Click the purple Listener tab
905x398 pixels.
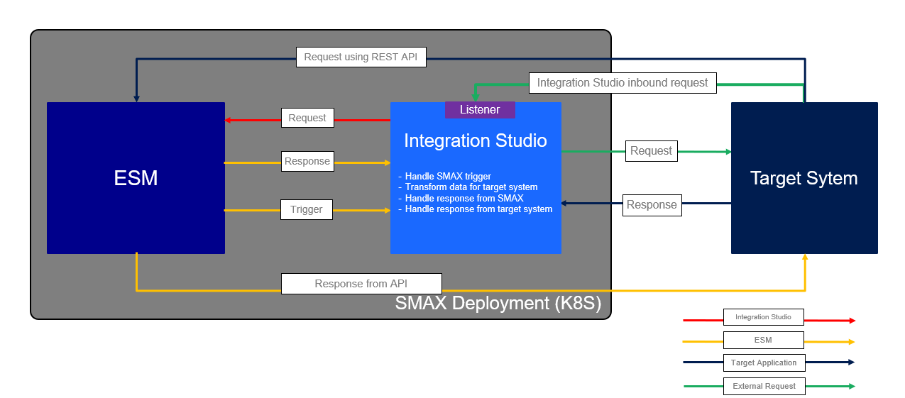click(480, 110)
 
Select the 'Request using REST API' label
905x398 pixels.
click(361, 57)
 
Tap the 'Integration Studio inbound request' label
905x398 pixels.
click(622, 83)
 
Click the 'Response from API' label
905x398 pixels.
click(361, 284)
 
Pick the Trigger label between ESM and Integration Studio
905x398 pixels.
click(307, 210)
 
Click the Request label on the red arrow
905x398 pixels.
click(307, 118)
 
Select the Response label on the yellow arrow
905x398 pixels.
click(307, 162)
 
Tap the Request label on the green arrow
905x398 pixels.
click(651, 151)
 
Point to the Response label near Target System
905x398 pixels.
click(652, 205)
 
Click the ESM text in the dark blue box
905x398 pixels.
click(136, 178)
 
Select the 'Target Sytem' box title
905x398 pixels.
click(803, 178)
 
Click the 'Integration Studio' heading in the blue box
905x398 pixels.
click(476, 141)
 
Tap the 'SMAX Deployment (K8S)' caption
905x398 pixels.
click(498, 304)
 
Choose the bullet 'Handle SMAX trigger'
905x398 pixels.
click(448, 177)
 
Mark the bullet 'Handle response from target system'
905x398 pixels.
click(478, 209)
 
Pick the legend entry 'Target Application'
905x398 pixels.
click(764, 363)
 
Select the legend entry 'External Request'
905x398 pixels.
click(764, 387)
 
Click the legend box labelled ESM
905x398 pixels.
click(763, 341)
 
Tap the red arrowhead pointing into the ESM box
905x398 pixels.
click(229, 120)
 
